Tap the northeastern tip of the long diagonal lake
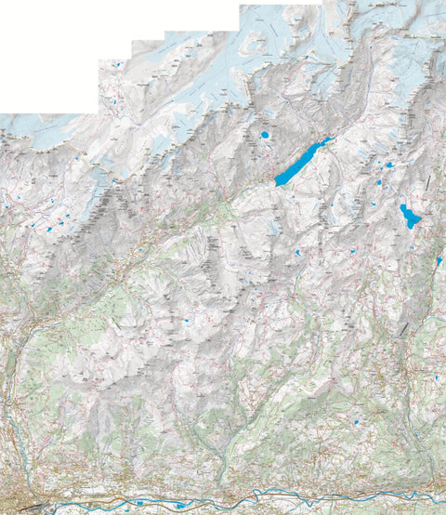click(331, 140)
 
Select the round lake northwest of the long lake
click(265, 135)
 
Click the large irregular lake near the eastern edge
click(410, 218)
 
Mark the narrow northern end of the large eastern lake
click(402, 205)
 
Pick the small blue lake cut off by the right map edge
click(439, 261)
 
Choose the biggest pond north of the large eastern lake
click(390, 165)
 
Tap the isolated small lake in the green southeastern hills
click(357, 423)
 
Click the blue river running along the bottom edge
click(279, 503)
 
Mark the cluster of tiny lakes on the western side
click(56, 224)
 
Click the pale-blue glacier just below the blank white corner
click(46, 130)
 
